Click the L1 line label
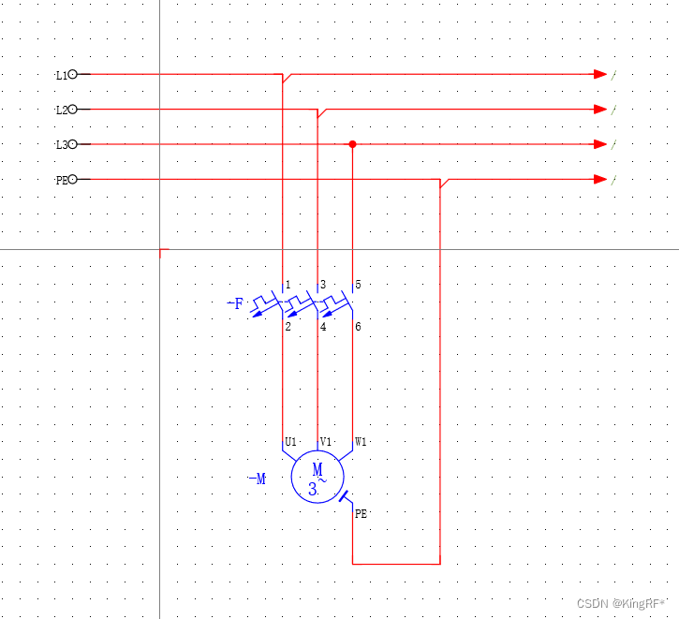pyautogui.click(x=62, y=74)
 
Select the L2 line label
pyautogui.click(x=62, y=110)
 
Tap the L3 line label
pyautogui.click(x=62, y=144)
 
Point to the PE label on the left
pyautogui.click(x=62, y=180)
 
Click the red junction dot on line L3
pyautogui.click(x=352, y=144)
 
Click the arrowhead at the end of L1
pyautogui.click(x=600, y=74)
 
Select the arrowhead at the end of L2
pyautogui.click(x=600, y=110)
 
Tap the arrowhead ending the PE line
pyautogui.click(x=600, y=179)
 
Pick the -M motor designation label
pyautogui.click(x=258, y=479)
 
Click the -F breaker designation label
pyautogui.click(x=236, y=303)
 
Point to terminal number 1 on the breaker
pyautogui.click(x=288, y=285)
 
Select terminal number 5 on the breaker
pyautogui.click(x=358, y=285)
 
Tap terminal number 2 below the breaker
pyautogui.click(x=288, y=327)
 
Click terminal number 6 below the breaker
pyautogui.click(x=358, y=327)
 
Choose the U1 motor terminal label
pyautogui.click(x=291, y=442)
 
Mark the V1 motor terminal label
pyautogui.click(x=326, y=442)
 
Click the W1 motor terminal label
pyautogui.click(x=361, y=442)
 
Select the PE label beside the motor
pyautogui.click(x=362, y=513)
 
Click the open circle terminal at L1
pyautogui.click(x=73, y=74)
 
